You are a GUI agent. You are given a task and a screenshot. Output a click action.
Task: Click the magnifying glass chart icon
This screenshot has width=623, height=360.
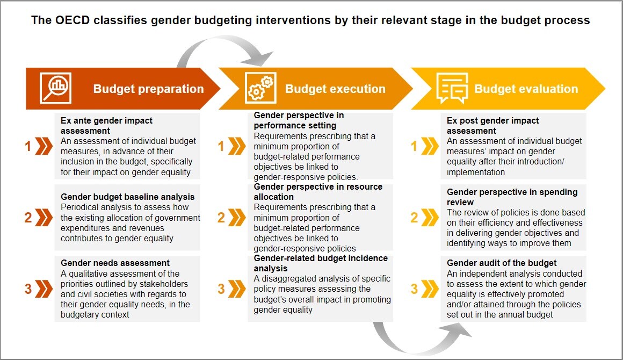[x=56, y=89]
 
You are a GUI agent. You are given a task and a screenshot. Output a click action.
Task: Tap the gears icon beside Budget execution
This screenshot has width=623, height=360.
[x=259, y=89]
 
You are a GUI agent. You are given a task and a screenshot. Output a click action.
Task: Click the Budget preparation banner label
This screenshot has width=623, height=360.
[x=148, y=89]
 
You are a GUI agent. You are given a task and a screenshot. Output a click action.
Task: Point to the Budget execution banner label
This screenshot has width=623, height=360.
[x=335, y=89]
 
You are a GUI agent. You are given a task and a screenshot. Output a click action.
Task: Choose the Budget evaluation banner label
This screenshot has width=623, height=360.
[x=526, y=89]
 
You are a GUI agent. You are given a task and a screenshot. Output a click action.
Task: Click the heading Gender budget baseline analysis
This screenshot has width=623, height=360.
[x=127, y=197]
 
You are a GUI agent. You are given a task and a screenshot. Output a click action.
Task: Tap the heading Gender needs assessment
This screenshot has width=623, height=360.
[x=115, y=263]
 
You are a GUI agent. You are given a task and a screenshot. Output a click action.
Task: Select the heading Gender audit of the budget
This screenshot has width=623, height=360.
[x=502, y=263]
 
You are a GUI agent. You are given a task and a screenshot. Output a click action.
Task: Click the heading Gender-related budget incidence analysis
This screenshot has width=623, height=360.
[x=321, y=263]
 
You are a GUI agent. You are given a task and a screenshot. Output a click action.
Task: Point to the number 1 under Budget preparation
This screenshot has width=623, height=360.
[x=28, y=146]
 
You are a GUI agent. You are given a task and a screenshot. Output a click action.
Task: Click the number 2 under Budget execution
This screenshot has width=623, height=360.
[x=221, y=218]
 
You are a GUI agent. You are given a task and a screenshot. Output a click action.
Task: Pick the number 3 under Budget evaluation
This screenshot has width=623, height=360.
[x=414, y=289]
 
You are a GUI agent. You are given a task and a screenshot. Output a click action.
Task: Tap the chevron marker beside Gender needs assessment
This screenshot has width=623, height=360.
[x=44, y=289]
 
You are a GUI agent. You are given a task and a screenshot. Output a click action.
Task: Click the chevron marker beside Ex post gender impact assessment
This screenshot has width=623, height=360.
[x=430, y=146]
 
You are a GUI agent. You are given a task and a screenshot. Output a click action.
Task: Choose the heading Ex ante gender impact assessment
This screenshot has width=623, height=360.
[x=106, y=126]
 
